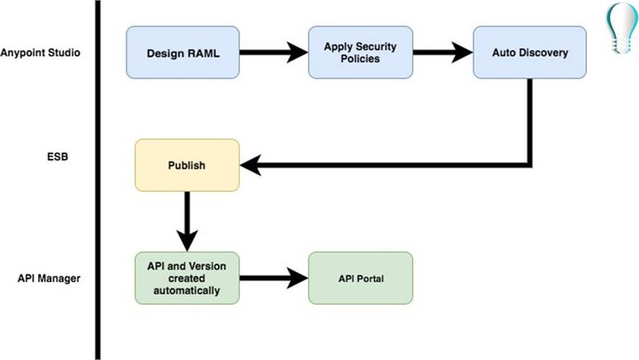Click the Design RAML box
pyautogui.click(x=182, y=52)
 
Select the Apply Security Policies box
pyautogui.click(x=360, y=52)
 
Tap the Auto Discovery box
pyautogui.click(x=529, y=52)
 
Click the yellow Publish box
pyautogui.click(x=187, y=165)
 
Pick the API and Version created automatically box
pyautogui.click(x=187, y=278)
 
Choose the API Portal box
pyautogui.click(x=360, y=278)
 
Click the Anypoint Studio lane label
pyautogui.click(x=41, y=52)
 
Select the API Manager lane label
pyautogui.click(x=49, y=278)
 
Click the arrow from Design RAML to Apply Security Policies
pyautogui.click(x=273, y=52)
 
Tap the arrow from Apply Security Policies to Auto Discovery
pyautogui.click(x=443, y=52)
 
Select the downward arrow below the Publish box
pyautogui.click(x=188, y=222)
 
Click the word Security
pyautogui.click(x=377, y=47)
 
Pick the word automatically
pyautogui.click(x=187, y=290)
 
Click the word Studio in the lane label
pyautogui.click(x=65, y=52)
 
